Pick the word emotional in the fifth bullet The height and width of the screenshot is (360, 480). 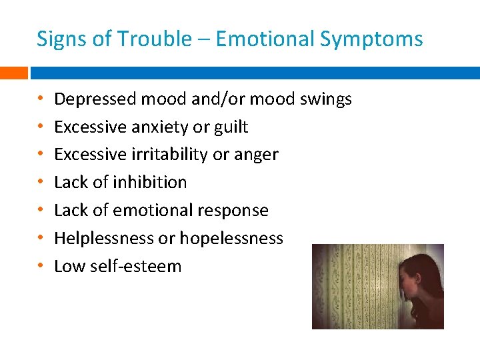tap(156, 210)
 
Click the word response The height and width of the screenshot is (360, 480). tap(236, 211)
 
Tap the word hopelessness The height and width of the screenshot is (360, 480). tap(237, 238)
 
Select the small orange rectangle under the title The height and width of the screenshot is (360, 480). tap(13, 72)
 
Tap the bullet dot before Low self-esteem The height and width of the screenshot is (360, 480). tap(41, 266)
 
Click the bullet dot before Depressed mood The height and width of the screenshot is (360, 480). tap(41, 99)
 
